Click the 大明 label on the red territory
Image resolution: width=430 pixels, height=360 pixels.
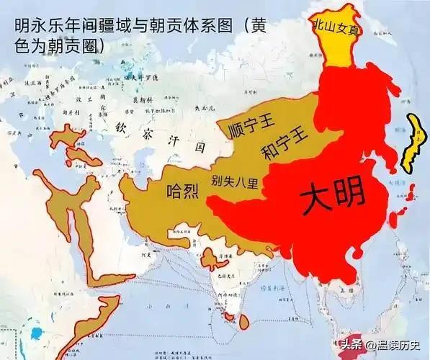pos(332,197)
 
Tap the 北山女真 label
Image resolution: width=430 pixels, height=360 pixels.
pos(335,25)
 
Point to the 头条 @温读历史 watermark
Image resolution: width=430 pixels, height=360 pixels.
pos(378,344)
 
